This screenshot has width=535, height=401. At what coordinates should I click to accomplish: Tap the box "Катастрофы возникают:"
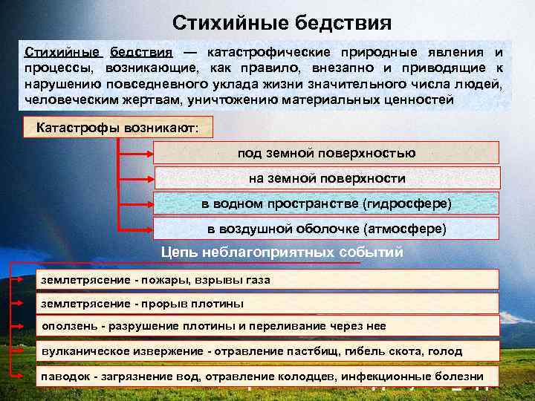(x=117, y=127)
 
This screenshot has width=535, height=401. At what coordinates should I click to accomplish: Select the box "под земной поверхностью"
(x=326, y=153)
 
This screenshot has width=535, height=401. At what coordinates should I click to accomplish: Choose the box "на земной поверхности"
(x=326, y=178)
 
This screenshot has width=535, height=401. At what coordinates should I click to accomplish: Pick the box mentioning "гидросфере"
(x=326, y=203)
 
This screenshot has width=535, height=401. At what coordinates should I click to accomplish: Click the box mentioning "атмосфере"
(x=326, y=228)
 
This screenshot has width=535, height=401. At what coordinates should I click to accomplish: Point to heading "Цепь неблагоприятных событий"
(x=282, y=252)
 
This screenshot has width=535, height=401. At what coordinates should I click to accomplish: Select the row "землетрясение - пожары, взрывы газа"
(x=267, y=280)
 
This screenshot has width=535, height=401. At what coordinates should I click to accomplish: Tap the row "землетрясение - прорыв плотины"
(x=267, y=304)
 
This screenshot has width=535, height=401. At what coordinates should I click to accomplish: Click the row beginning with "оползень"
(x=267, y=326)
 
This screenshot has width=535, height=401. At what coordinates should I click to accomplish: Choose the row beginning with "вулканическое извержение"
(x=267, y=351)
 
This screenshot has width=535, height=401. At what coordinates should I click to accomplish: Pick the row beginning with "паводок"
(x=267, y=376)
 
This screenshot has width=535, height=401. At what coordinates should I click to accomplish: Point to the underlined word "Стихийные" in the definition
(x=62, y=53)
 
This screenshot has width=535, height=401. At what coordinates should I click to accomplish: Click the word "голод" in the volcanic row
(x=446, y=351)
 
